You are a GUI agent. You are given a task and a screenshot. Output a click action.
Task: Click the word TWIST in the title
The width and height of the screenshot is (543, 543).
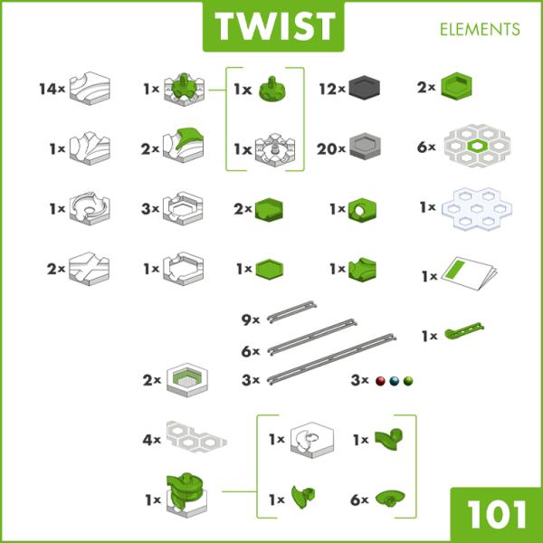point(275,26)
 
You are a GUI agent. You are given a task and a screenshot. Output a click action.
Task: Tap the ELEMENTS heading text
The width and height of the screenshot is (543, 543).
point(480,30)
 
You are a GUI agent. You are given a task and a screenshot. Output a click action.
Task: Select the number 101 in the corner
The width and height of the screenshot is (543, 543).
point(497,514)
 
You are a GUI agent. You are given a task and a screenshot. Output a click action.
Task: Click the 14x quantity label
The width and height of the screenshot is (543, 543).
point(52,89)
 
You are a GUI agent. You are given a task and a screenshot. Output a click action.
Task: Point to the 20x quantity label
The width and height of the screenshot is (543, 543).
point(331,149)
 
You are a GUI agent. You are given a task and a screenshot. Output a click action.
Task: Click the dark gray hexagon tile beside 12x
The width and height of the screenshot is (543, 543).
point(365,89)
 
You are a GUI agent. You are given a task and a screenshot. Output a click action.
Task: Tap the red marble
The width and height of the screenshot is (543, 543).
point(380,381)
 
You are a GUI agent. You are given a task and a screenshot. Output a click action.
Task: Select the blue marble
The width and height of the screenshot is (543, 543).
point(394,381)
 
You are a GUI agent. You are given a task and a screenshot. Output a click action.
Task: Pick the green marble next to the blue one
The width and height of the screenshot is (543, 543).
point(408,381)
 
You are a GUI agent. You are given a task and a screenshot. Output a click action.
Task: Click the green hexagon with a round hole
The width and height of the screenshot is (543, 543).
point(362,210)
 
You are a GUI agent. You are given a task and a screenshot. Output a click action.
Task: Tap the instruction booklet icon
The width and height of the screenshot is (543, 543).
point(469,273)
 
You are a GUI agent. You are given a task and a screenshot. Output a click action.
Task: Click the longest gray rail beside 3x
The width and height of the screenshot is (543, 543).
point(331,359)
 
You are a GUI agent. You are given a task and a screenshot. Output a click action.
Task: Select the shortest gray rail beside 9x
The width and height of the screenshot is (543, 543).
point(291,311)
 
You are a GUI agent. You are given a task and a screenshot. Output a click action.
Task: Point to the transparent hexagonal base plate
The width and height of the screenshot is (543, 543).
point(477,209)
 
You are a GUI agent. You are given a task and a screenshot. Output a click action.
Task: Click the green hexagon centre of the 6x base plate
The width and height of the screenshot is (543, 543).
point(477,146)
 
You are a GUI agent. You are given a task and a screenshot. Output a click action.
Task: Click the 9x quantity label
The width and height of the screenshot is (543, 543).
point(251,319)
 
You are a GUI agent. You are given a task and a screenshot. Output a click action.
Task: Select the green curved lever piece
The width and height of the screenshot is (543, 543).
point(464,330)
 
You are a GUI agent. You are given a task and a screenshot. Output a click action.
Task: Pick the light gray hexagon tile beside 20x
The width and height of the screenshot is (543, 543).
point(365,146)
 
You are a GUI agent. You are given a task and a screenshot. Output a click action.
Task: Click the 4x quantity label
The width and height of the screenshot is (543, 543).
point(152,440)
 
